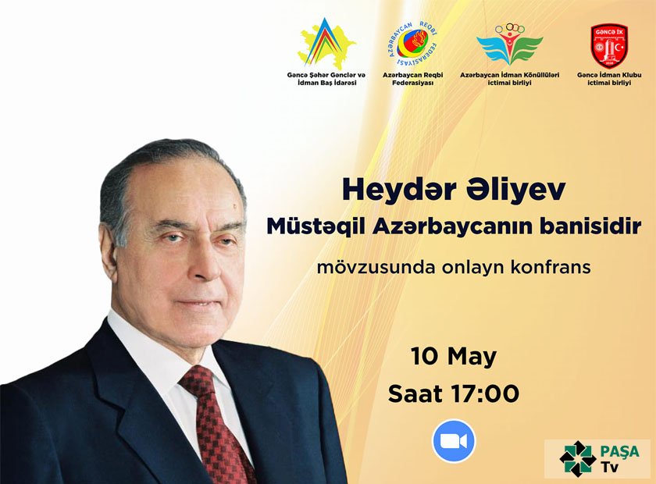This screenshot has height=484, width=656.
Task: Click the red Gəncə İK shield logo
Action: (x=609, y=44)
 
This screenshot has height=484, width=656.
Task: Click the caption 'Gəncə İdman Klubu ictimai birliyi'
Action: (x=609, y=78)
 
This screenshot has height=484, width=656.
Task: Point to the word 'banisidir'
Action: (x=592, y=227)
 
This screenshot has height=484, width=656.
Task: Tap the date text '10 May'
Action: (x=454, y=357)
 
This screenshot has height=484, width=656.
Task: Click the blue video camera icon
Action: (x=454, y=441)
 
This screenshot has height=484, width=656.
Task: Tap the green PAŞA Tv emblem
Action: (x=577, y=458)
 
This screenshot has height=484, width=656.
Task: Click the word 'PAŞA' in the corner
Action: (x=620, y=451)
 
